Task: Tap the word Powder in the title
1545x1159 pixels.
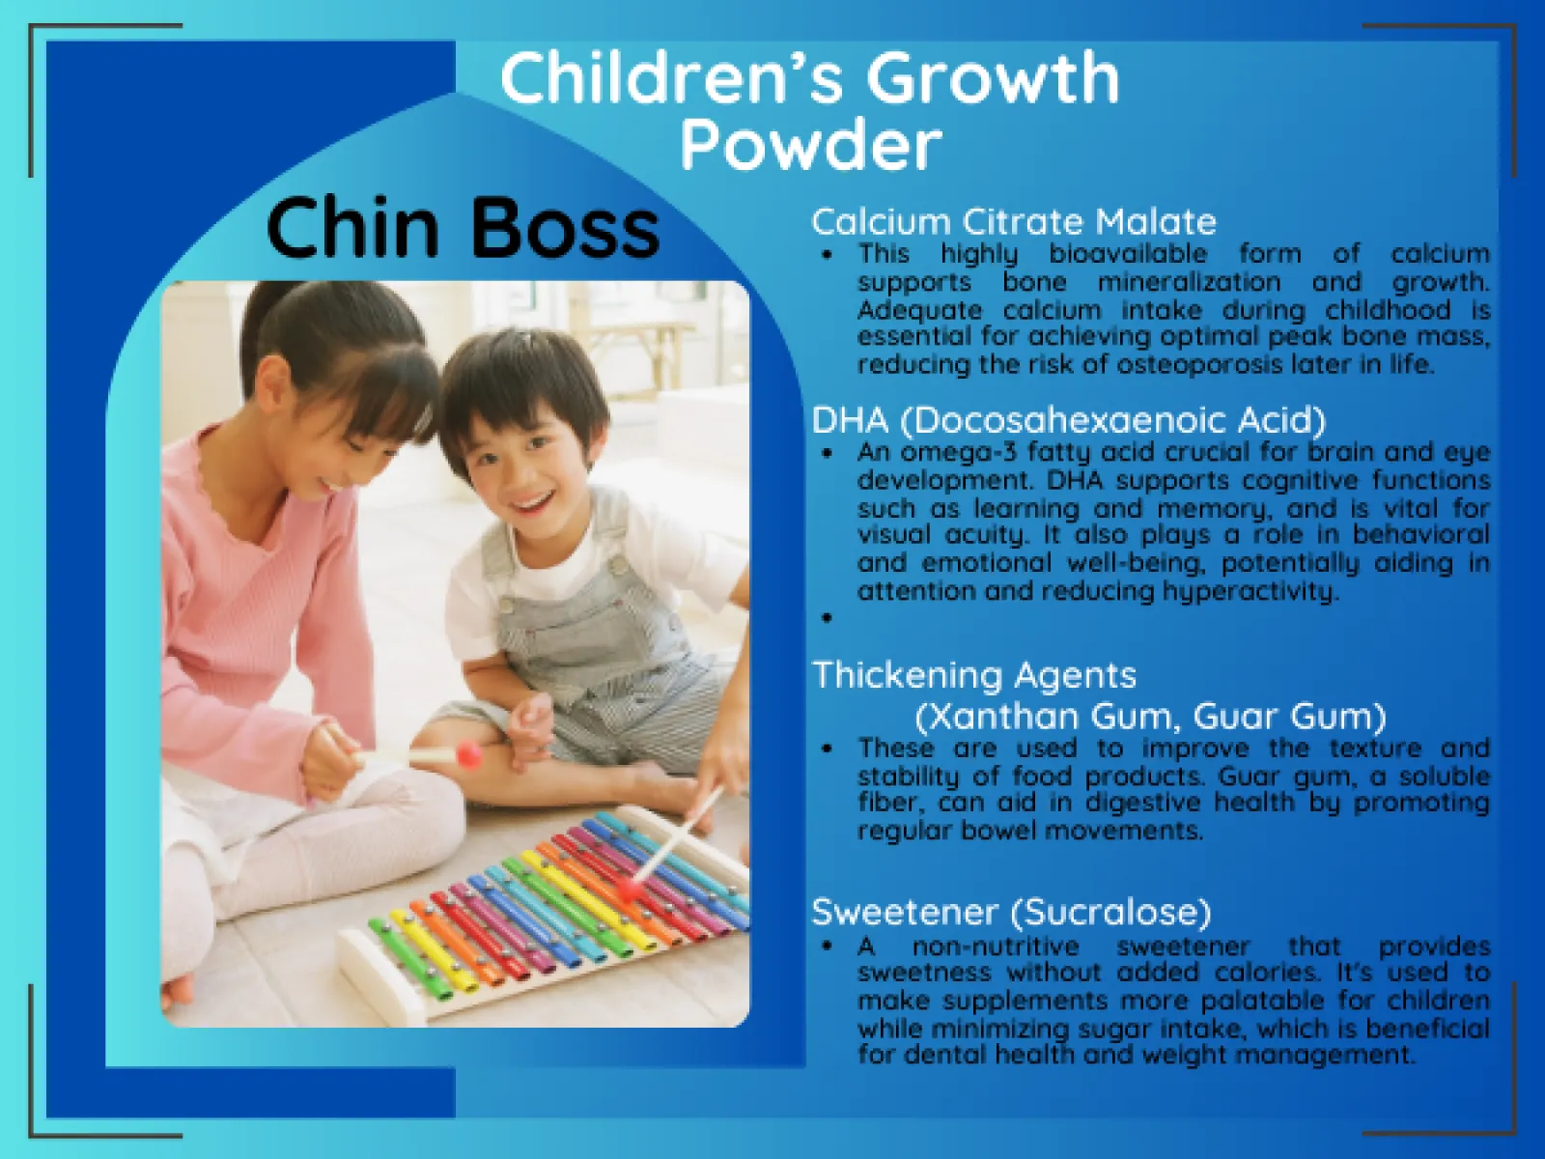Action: [810, 145]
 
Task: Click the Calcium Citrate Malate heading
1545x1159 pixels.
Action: [1013, 222]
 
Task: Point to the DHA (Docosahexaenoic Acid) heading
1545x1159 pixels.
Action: [1068, 420]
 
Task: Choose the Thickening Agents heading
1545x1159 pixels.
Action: [973, 674]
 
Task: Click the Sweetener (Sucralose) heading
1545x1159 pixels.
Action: [1011, 911]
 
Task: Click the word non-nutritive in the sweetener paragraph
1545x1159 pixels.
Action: [995, 947]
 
